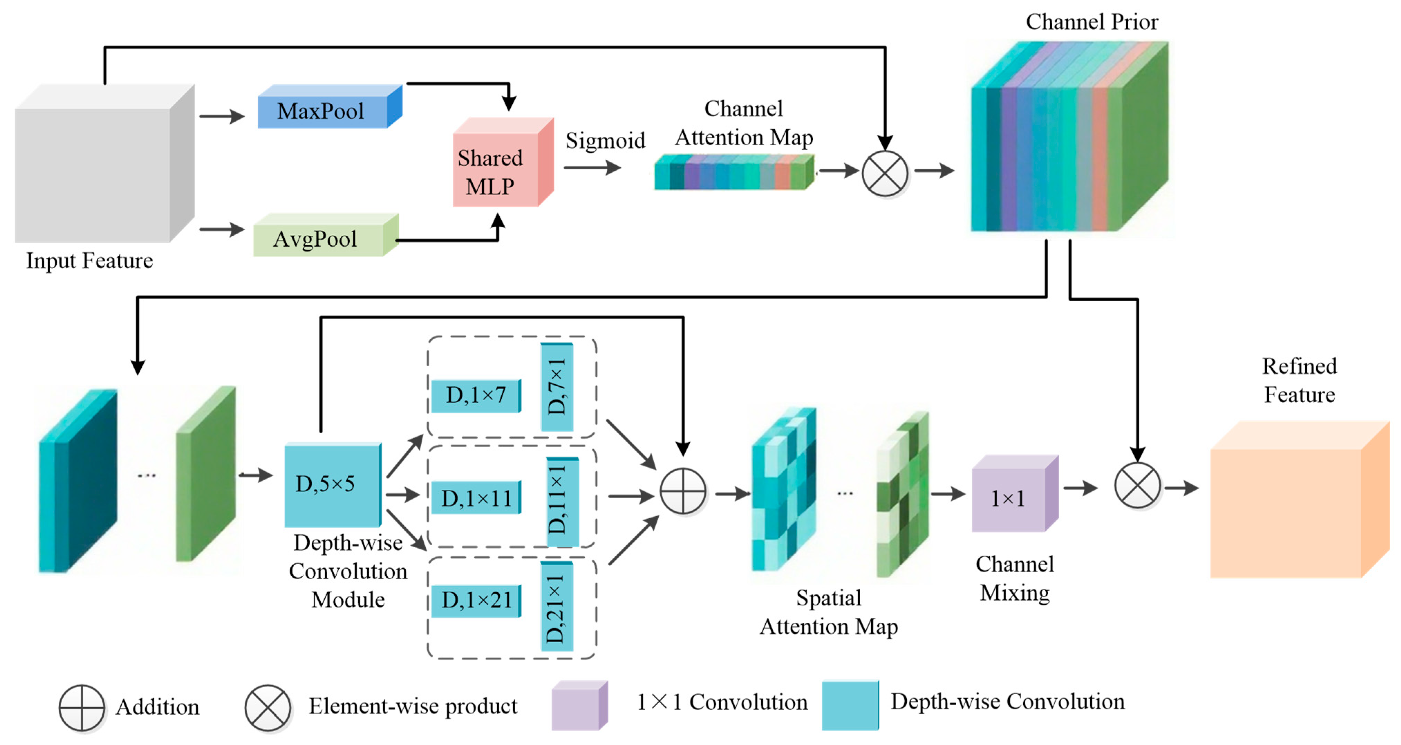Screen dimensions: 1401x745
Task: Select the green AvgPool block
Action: click(326, 235)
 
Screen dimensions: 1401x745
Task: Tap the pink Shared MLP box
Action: click(504, 162)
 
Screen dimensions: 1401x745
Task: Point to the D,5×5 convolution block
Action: click(333, 484)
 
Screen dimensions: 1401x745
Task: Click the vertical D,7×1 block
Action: click(557, 387)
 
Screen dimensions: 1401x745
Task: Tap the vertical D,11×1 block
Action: click(562, 502)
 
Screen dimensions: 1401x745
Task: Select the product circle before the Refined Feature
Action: click(1137, 485)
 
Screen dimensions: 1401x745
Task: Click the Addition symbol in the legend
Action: click(82, 707)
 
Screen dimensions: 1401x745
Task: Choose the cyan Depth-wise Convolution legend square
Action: click(850, 705)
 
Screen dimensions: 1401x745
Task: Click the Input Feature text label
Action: click(90, 261)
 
